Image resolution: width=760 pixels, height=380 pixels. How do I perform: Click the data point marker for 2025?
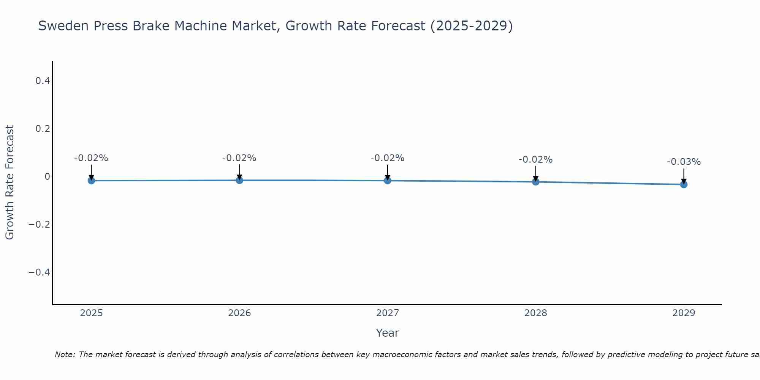pyautogui.click(x=91, y=180)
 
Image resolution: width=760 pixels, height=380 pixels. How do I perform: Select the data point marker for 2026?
pyautogui.click(x=239, y=180)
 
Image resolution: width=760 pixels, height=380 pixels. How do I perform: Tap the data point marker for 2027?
pyautogui.click(x=388, y=180)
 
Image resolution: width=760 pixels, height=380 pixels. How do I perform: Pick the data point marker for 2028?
pyautogui.click(x=536, y=182)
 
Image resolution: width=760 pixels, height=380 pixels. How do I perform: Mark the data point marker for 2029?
pyautogui.click(x=684, y=184)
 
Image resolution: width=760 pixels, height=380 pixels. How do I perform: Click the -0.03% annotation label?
pyautogui.click(x=684, y=162)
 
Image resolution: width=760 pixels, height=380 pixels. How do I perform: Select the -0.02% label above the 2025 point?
pyautogui.click(x=91, y=158)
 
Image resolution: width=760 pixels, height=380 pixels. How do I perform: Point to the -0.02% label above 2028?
pyautogui.click(x=535, y=160)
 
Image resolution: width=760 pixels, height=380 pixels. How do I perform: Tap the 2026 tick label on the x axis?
pyautogui.click(x=239, y=313)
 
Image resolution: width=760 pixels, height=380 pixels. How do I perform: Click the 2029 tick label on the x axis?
pyautogui.click(x=684, y=313)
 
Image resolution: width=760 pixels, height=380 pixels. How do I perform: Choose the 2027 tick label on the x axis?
pyautogui.click(x=388, y=313)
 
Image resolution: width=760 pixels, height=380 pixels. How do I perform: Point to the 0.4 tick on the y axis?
pyautogui.click(x=43, y=81)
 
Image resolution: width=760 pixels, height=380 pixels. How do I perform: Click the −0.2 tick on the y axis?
pyautogui.click(x=40, y=225)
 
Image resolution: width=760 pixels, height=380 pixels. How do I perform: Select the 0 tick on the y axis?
pyautogui.click(x=47, y=177)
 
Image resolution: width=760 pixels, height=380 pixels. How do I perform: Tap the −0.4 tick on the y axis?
pyautogui.click(x=40, y=272)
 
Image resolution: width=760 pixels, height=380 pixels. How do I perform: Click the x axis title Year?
pyautogui.click(x=387, y=333)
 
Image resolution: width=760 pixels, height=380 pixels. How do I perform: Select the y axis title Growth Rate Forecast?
pyautogui.click(x=9, y=182)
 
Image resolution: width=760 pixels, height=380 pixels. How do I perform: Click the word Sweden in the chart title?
pyautogui.click(x=63, y=26)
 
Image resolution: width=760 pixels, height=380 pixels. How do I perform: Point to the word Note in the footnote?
pyautogui.click(x=65, y=355)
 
